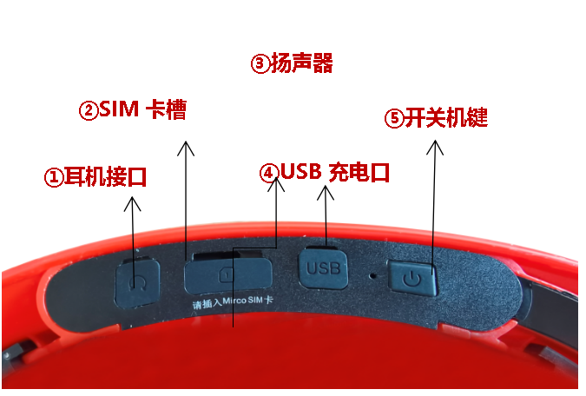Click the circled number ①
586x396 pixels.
pos(54,178)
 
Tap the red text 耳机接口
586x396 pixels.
pos(106,178)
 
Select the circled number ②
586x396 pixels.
pos(89,110)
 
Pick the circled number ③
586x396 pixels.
pos(260,64)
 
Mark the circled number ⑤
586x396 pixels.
pos(395,119)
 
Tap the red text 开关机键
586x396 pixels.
pos(446,118)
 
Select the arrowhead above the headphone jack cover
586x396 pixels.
pos(132,204)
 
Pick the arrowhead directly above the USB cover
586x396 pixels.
pos(326,194)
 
